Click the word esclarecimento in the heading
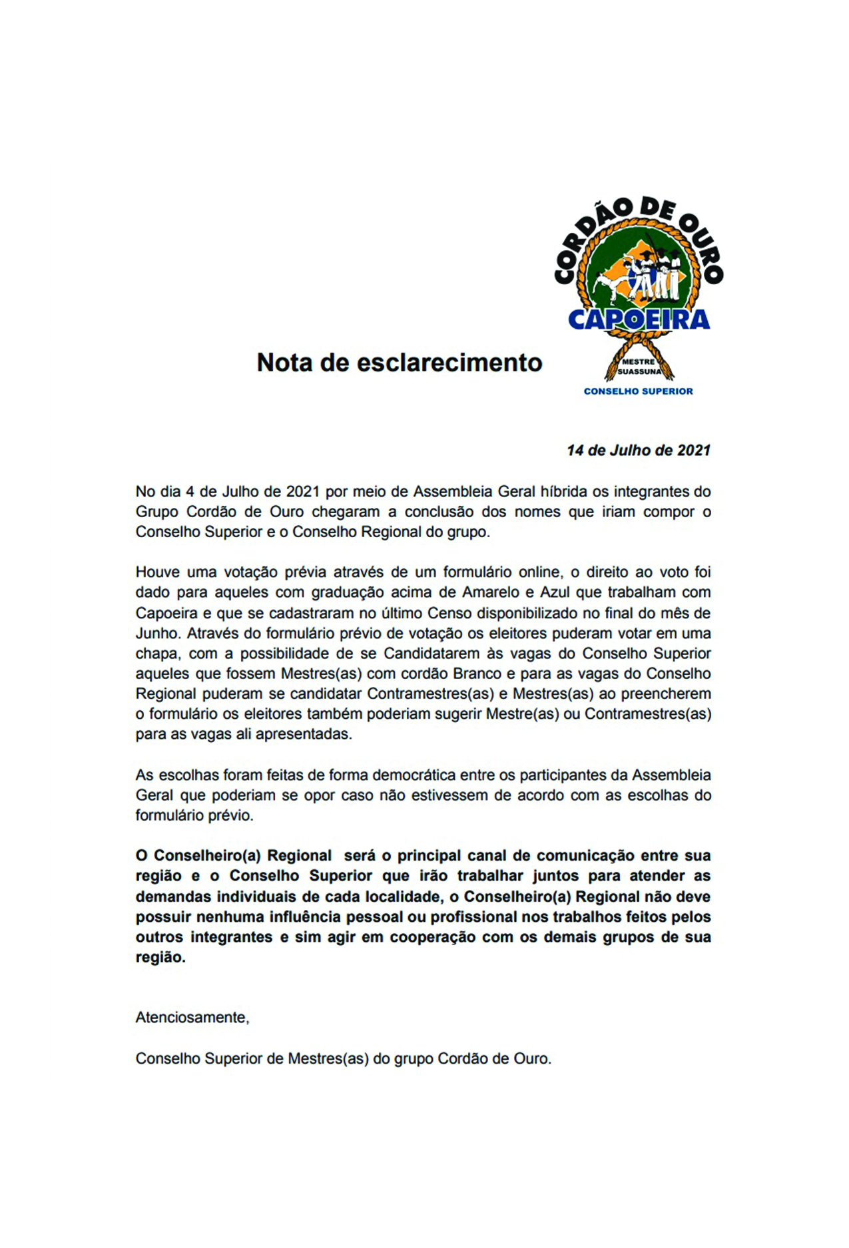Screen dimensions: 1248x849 (x=449, y=363)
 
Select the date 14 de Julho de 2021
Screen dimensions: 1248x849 (x=638, y=451)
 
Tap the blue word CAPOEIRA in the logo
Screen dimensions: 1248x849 (x=639, y=320)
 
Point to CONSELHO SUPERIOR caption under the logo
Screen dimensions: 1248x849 (x=638, y=391)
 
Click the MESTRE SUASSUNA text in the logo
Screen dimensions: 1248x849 (x=639, y=367)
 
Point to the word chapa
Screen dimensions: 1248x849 (x=156, y=654)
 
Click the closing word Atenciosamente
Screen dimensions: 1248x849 (x=192, y=1018)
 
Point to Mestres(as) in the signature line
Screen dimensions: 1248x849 (x=328, y=1059)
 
